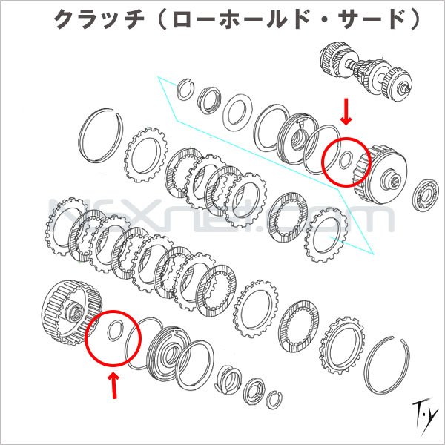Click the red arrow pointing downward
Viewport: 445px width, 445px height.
[346, 111]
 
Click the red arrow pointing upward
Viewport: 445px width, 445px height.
[113, 386]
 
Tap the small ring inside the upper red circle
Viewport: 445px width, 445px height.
[346, 159]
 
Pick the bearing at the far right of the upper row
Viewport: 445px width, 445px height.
[425, 195]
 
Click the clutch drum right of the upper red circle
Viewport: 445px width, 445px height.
[380, 174]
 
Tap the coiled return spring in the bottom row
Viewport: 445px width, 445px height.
[228, 380]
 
